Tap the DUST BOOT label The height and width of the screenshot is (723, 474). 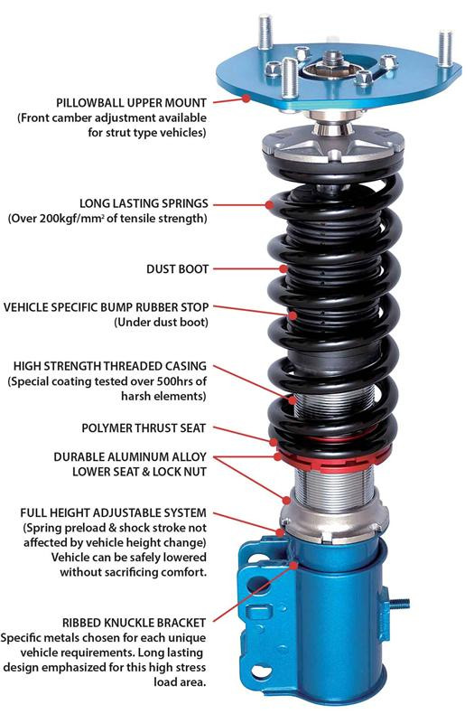click(177, 268)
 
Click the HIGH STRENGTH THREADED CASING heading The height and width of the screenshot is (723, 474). click(110, 366)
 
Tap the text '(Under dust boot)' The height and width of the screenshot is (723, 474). click(159, 322)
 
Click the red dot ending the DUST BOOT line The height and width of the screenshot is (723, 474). click(283, 268)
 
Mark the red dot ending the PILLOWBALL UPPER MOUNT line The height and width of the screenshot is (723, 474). click(245, 102)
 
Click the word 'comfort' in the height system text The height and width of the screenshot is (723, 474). click(179, 571)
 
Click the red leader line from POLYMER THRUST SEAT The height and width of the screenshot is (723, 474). click(244, 432)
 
